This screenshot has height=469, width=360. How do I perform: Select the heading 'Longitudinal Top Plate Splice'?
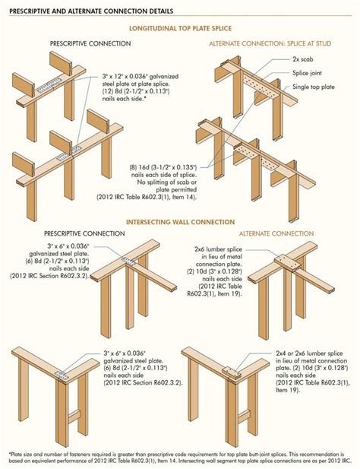[x=180, y=30]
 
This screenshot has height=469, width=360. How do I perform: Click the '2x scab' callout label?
[x=305, y=59]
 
